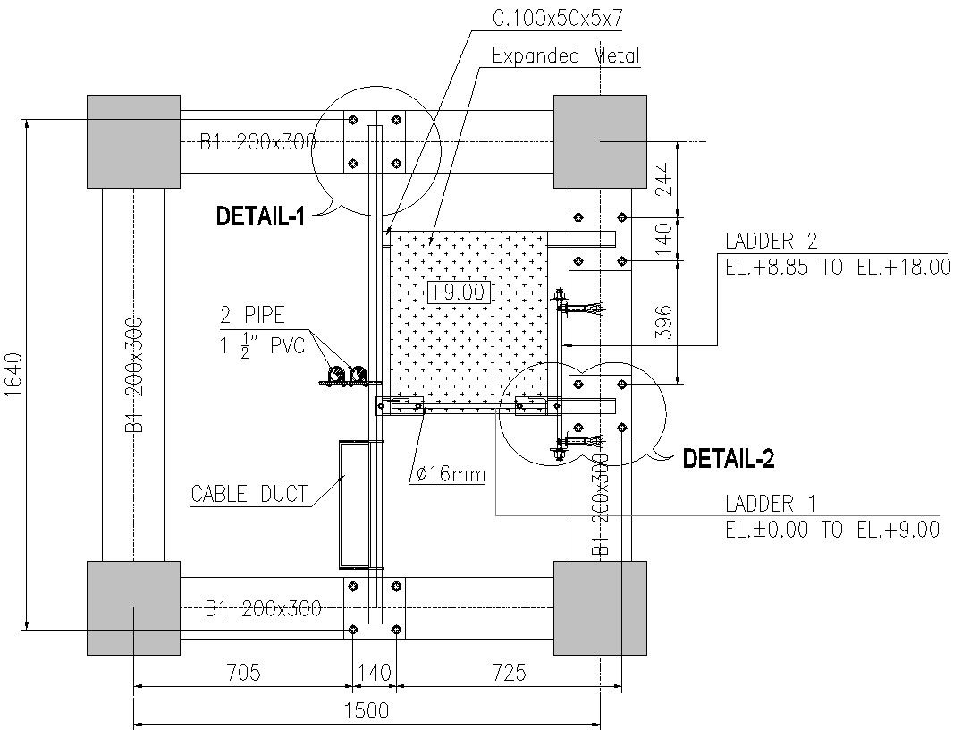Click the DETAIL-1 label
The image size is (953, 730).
(261, 216)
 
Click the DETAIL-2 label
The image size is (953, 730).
(728, 460)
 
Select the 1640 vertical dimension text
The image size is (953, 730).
(13, 375)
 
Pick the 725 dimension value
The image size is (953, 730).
(506, 673)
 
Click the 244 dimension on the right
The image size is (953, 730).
(663, 179)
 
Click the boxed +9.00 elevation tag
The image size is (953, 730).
(457, 292)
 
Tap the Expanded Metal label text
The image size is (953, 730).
(566, 55)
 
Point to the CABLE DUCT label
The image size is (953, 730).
(249, 494)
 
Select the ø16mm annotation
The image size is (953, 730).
(449, 474)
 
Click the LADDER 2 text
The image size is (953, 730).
(771, 241)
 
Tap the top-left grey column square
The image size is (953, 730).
(133, 141)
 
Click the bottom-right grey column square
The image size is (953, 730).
(600, 607)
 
